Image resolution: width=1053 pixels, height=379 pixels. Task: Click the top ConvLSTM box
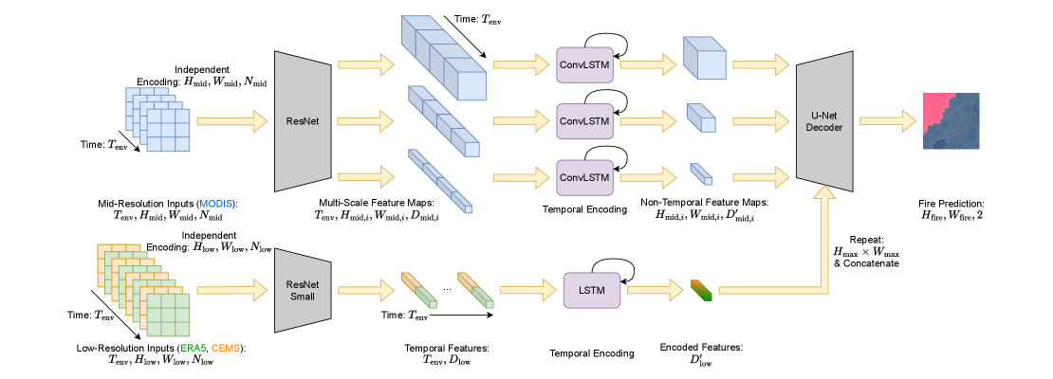pos(584,64)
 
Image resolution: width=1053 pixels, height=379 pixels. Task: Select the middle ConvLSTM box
pos(584,120)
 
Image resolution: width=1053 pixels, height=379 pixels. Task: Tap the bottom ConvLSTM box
pos(584,177)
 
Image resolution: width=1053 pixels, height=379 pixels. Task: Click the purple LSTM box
pos(592,290)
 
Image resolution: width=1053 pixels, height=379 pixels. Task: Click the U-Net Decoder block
pos(824,121)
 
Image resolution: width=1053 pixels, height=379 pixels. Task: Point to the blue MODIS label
pos(215,204)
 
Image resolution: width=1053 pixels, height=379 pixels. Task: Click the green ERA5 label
pos(193,348)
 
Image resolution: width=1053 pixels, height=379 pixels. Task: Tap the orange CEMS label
pos(226,348)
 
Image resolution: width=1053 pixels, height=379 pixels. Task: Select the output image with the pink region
pos(951,121)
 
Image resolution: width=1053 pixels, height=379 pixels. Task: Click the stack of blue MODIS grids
pos(157,119)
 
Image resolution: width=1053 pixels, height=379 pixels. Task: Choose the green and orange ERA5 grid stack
pos(144,290)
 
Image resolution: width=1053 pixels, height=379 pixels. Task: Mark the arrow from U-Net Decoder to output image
pos(886,120)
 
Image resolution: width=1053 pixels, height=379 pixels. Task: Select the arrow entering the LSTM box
pos(527,290)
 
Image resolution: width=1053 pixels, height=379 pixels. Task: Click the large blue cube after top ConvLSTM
pos(704,59)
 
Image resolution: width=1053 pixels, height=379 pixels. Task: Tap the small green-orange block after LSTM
pos(701,290)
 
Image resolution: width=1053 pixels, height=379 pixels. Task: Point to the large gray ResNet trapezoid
pos(303,121)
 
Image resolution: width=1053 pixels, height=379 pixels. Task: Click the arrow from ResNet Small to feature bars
pos(365,290)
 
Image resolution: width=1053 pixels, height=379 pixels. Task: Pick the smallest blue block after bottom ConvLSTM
pos(701,173)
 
